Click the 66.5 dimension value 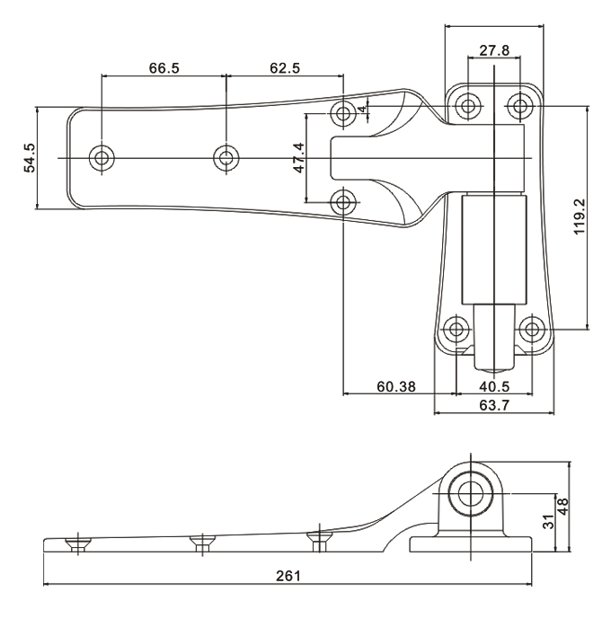click(163, 68)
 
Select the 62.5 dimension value click(284, 68)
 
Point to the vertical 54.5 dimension click(30, 158)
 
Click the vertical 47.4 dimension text click(299, 159)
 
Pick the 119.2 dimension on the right click(580, 216)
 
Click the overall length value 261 click(288, 575)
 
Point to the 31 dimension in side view click(548, 522)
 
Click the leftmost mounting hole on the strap click(102, 159)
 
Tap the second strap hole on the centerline click(226, 159)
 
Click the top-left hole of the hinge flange click(467, 106)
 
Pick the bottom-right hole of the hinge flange click(533, 329)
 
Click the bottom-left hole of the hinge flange click(456, 329)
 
